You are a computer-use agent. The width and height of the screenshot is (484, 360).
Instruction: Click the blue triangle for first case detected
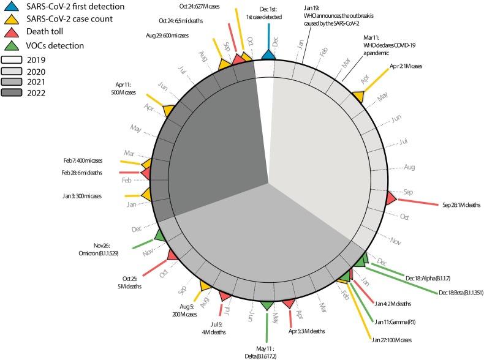click(268, 55)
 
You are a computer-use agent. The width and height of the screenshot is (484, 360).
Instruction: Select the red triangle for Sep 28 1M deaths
click(390, 198)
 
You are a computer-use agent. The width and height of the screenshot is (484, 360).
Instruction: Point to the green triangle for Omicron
click(159, 235)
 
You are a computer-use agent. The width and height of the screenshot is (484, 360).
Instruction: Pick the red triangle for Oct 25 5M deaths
click(173, 254)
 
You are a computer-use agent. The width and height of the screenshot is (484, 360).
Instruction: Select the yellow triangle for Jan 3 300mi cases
click(146, 195)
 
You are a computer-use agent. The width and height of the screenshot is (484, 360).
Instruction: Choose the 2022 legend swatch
click(17, 93)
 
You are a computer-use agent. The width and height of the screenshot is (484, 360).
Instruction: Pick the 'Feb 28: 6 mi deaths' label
click(97, 173)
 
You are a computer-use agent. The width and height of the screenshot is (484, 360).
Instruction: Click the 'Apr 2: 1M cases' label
click(405, 66)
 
